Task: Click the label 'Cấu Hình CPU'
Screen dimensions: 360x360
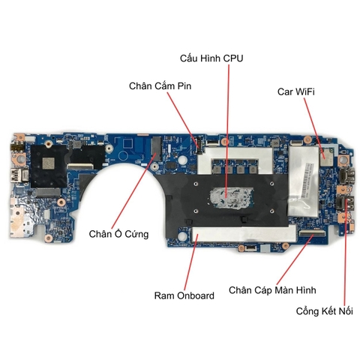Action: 211,58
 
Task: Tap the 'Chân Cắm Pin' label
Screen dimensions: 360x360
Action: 160,86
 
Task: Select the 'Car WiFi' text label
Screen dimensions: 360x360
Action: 296,91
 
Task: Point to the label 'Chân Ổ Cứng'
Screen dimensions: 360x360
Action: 118,234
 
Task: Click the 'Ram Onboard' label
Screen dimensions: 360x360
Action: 184,295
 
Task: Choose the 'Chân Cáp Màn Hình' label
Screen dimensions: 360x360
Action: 272,290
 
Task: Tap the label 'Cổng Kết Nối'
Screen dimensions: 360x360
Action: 325,311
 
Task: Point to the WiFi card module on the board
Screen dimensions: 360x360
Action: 326,156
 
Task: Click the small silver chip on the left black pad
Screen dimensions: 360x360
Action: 48,163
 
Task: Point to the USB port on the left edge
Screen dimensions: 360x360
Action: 18,175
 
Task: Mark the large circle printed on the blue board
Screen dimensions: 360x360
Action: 124,156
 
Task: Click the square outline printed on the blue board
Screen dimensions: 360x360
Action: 128,143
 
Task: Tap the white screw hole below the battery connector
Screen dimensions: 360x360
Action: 183,158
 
